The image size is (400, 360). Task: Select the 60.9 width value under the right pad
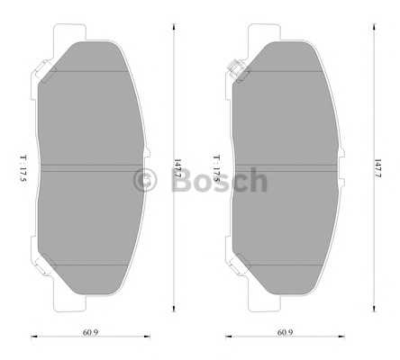pyautogui.click(x=284, y=332)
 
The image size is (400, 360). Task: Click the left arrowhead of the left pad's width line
pyautogui.click(x=33, y=338)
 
